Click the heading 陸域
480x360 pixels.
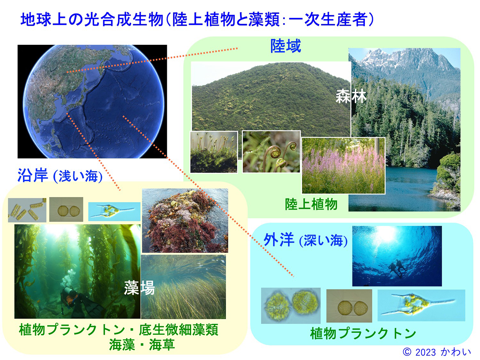point(286,46)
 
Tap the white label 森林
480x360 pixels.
point(351,96)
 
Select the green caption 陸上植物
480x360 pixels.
point(311,204)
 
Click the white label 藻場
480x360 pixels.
point(139,288)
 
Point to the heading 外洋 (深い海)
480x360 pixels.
point(306,240)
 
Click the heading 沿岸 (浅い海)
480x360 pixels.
point(60,176)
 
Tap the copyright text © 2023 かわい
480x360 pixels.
point(436,352)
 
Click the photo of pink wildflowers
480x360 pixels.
point(344,166)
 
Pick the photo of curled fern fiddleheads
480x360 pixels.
point(271,152)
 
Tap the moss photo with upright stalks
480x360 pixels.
point(214,152)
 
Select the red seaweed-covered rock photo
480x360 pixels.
point(185,220)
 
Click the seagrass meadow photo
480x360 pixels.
point(183,287)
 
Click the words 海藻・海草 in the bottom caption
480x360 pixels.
point(142,345)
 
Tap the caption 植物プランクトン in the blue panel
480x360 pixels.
point(363,333)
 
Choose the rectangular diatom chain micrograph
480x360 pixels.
point(27,210)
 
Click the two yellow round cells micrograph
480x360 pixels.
point(291,306)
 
